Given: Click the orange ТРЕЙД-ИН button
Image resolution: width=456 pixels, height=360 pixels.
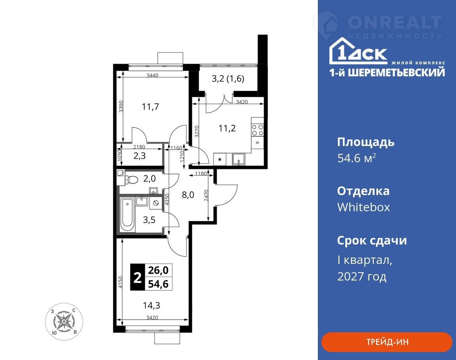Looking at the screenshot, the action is pos(386,342).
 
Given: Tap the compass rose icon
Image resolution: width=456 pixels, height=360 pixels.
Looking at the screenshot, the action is pos(64,322).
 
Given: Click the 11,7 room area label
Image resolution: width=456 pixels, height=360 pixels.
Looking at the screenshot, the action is pos(150,107).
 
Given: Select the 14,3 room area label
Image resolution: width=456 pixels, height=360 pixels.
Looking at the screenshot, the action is pos(152,305).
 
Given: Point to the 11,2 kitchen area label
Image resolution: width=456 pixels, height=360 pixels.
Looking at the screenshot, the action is pos(227,128).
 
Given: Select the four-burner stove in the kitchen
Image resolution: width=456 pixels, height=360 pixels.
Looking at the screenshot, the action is pos(257,130).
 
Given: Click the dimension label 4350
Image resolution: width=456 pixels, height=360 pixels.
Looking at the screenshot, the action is pos(167,200).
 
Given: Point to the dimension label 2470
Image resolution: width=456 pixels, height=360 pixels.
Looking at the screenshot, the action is pos(206,195).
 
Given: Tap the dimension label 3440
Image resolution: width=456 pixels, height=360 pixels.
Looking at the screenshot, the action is pos(152,76).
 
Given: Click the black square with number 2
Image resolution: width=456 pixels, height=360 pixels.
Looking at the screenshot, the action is pos(137,277).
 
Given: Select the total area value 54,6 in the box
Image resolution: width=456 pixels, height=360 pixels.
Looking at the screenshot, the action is pos(158,284).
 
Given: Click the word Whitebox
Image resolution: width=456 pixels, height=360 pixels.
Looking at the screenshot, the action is pos(363,207).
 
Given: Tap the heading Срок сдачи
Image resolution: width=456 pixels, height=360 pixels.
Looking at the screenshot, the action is pos(372,241).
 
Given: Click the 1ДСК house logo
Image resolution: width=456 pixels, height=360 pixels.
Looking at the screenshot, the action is pos(358,51).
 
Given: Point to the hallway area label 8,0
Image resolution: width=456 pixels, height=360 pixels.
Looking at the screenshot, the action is pos(188,195).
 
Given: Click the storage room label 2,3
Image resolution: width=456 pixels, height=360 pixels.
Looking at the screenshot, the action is pos(140,156).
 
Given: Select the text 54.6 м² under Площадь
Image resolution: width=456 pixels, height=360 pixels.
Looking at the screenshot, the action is pos(357,158).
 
